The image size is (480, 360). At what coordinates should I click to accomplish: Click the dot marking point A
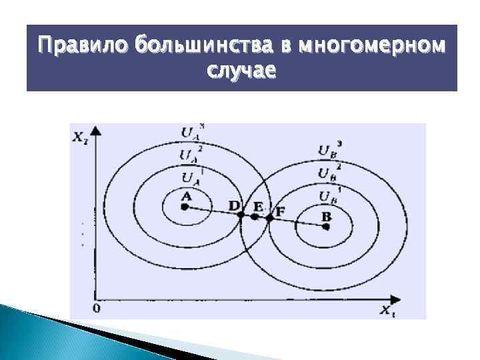click(185, 207)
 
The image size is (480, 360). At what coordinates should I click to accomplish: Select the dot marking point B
click(326, 226)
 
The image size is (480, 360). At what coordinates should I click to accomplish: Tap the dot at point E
click(254, 217)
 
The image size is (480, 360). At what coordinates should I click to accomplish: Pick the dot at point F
click(269, 217)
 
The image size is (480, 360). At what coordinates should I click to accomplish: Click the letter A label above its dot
click(185, 195)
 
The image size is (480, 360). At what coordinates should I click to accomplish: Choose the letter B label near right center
click(326, 215)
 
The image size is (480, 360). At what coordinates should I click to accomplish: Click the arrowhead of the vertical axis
click(97, 130)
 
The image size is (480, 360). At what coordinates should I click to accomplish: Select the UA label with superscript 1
click(189, 177)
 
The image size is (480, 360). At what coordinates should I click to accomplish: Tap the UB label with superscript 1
click(328, 195)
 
